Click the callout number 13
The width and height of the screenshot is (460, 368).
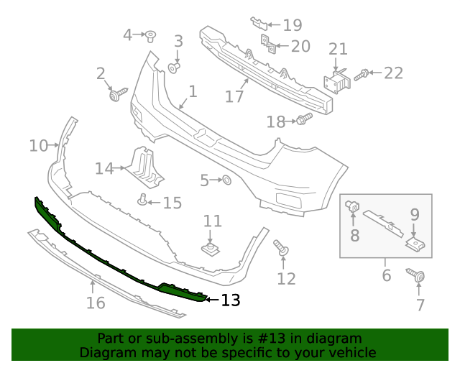point(231,300)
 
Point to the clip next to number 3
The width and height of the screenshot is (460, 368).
point(174,68)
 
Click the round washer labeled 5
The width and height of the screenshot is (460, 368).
point(224,180)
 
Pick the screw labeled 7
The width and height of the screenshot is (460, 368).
point(416,275)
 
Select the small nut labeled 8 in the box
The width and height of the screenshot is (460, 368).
point(353,206)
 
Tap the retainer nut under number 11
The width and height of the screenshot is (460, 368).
point(210,249)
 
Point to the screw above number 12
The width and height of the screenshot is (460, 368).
point(281,249)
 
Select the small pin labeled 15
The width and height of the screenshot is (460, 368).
point(143,200)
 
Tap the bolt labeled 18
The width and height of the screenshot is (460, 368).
point(303,120)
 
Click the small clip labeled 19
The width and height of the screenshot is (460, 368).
point(258,22)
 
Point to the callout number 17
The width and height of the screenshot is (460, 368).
point(234,96)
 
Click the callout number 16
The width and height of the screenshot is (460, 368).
point(96,303)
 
